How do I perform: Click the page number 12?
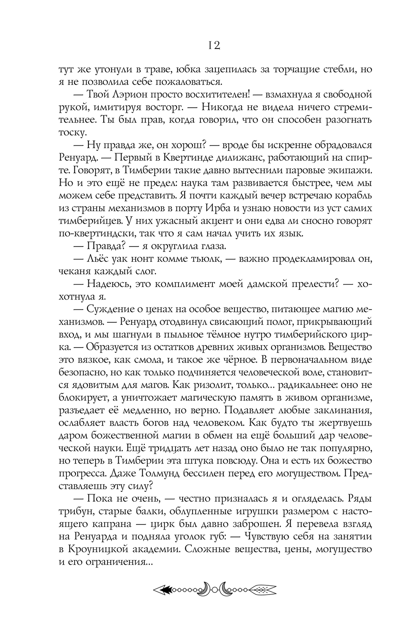click(x=213, y=45)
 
